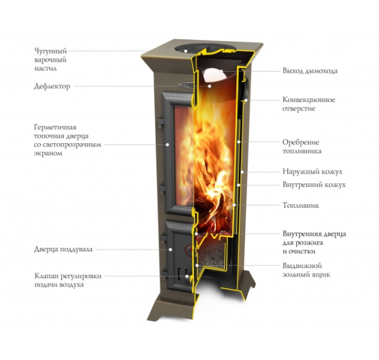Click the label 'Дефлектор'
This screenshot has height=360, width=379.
[x=52, y=86]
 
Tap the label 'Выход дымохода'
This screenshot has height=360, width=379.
[x=310, y=71]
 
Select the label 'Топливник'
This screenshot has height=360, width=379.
[x=300, y=205]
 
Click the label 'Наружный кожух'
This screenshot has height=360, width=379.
[x=312, y=172]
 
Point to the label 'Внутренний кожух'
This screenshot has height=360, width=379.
[x=314, y=184]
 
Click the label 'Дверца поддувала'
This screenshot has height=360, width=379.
[x=63, y=249]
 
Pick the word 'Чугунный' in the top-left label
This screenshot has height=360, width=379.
[x=51, y=51]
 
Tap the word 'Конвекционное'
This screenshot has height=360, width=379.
[x=309, y=100]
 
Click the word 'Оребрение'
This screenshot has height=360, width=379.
[x=300, y=142]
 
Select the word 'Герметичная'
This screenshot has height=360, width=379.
[x=55, y=127]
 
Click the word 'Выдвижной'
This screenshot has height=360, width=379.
[x=302, y=266]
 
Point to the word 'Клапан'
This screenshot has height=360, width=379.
[x=46, y=276]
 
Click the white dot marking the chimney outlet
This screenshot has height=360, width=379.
[x=221, y=71]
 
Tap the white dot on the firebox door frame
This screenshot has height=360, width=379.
[x=167, y=145]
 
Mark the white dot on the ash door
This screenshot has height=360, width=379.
[x=170, y=249]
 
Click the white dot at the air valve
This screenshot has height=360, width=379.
[x=187, y=276]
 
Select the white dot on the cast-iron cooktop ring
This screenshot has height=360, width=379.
[x=186, y=51]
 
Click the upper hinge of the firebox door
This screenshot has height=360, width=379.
[x=160, y=121]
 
